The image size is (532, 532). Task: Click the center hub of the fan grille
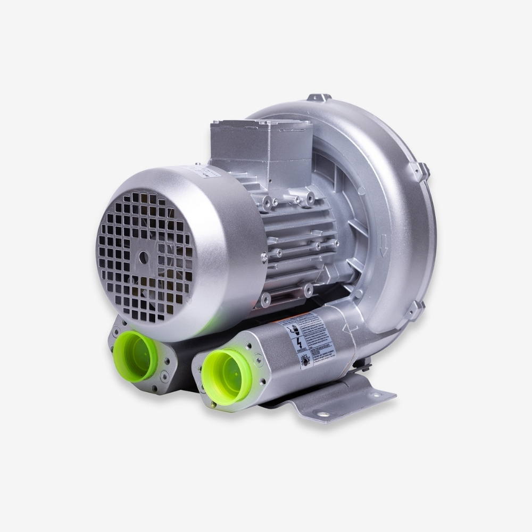click(144, 257)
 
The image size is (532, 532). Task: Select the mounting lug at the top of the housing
click(319, 98)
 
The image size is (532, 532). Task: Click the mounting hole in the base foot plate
click(323, 414)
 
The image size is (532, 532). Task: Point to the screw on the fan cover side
click(264, 257)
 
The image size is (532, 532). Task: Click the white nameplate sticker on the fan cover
click(202, 171)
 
